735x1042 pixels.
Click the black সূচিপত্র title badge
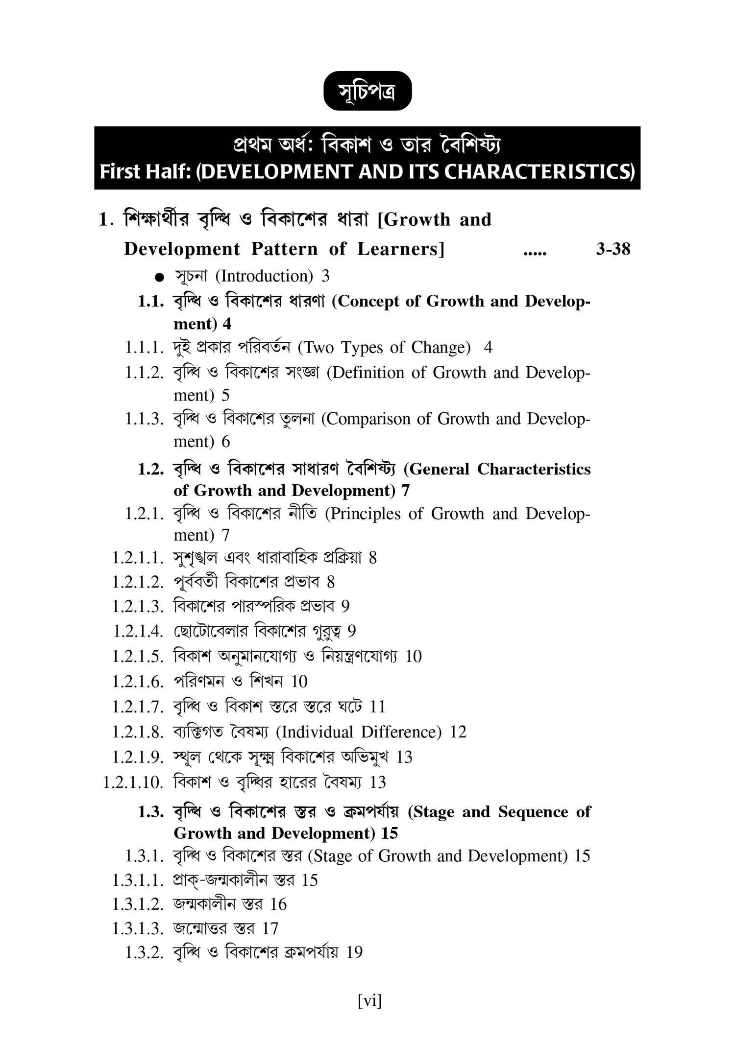coord(367,91)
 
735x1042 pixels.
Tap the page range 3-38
coord(613,250)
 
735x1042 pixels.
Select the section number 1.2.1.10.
coord(132,782)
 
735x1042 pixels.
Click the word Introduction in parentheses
coord(264,277)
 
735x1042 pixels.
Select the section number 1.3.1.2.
coord(138,904)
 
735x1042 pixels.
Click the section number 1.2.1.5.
coord(138,657)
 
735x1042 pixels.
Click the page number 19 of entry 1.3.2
coord(354,952)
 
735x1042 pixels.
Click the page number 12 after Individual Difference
coord(458,732)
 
